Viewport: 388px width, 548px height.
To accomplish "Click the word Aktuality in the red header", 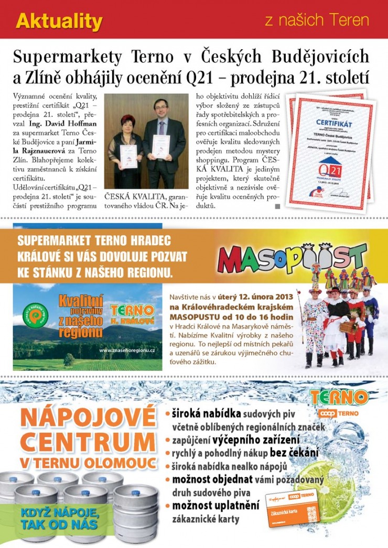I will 59,21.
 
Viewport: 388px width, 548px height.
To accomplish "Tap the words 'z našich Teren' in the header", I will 317,21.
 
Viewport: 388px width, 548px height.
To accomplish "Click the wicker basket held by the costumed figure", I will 347,327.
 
